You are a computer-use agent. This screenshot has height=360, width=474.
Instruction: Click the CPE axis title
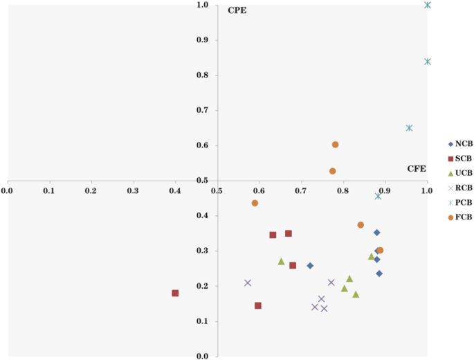tap(237, 11)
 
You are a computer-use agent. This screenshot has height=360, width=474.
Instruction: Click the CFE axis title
tap(416, 168)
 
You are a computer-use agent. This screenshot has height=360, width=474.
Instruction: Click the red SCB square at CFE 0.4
tap(175, 293)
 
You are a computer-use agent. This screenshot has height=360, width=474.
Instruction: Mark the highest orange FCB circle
tap(336, 145)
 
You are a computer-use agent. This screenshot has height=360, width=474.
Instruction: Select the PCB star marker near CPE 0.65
tap(409, 128)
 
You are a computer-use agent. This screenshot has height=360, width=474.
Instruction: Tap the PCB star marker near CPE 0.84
tap(428, 62)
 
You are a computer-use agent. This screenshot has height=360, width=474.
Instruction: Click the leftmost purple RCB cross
tap(248, 282)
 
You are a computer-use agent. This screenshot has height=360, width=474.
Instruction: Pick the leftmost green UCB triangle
tap(281, 262)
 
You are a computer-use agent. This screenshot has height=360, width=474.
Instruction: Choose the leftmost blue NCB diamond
tap(310, 266)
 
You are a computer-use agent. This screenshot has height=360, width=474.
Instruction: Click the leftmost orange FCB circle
tap(255, 203)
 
